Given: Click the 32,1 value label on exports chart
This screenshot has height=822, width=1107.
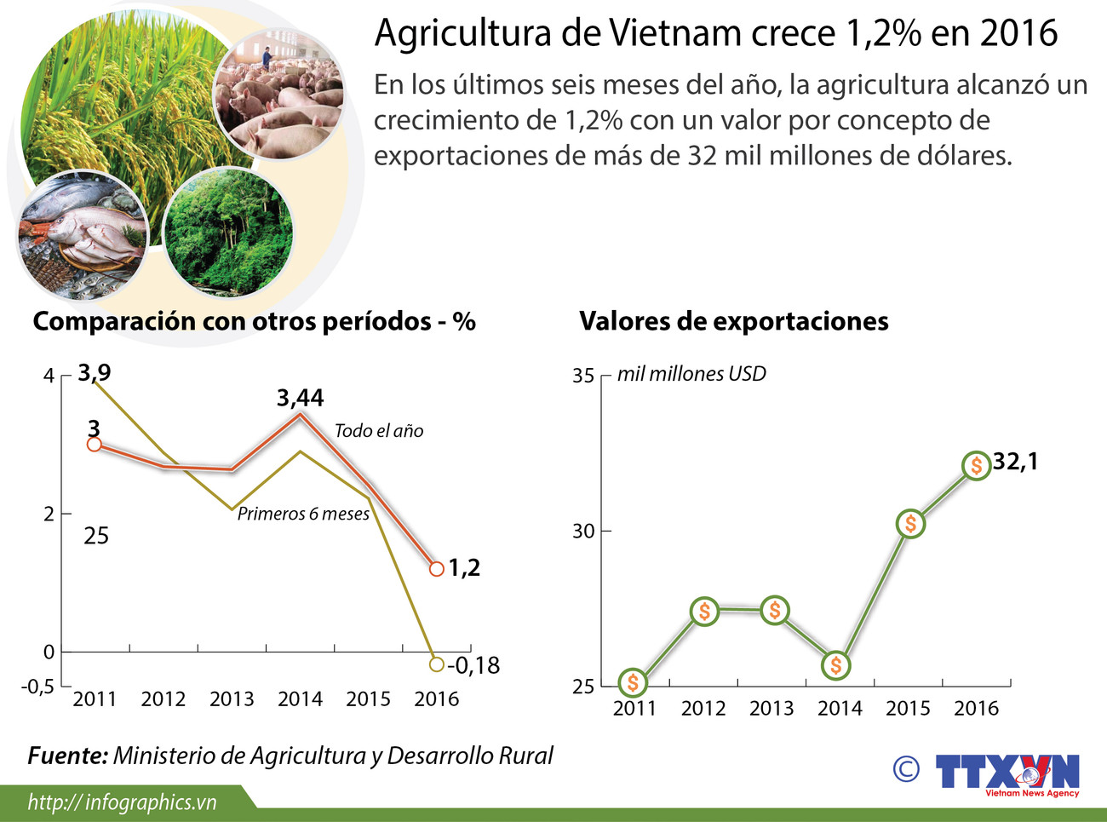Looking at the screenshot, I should coord(1015,462).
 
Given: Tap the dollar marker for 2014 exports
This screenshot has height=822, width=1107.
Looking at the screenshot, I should coord(836,665).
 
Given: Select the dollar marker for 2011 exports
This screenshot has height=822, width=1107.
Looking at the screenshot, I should coord(632,683).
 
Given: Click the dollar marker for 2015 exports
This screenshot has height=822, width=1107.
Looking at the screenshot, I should coord(910,524).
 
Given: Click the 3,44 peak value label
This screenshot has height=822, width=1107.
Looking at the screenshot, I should coord(300,398).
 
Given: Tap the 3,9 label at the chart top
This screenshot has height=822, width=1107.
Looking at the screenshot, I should coord(94,372).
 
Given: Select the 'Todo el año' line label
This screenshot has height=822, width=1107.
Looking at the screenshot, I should coord(378,431).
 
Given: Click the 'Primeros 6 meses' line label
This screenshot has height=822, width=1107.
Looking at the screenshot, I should coord(303,514).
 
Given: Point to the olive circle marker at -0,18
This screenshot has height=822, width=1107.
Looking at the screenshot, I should coord(437,664).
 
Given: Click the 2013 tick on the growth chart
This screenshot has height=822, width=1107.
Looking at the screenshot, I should coord(232,699).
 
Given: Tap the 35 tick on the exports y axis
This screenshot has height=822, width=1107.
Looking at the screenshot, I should coord(583,376).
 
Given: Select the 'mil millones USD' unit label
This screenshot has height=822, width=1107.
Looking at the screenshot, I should coord(691,374).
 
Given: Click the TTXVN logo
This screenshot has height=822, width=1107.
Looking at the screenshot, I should coord(1007,773).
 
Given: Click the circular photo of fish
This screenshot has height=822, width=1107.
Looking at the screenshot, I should coord(83,236).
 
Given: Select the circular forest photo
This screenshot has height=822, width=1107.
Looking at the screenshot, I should coord(227,232).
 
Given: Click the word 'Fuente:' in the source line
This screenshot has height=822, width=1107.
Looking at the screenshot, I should coord(67,756).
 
